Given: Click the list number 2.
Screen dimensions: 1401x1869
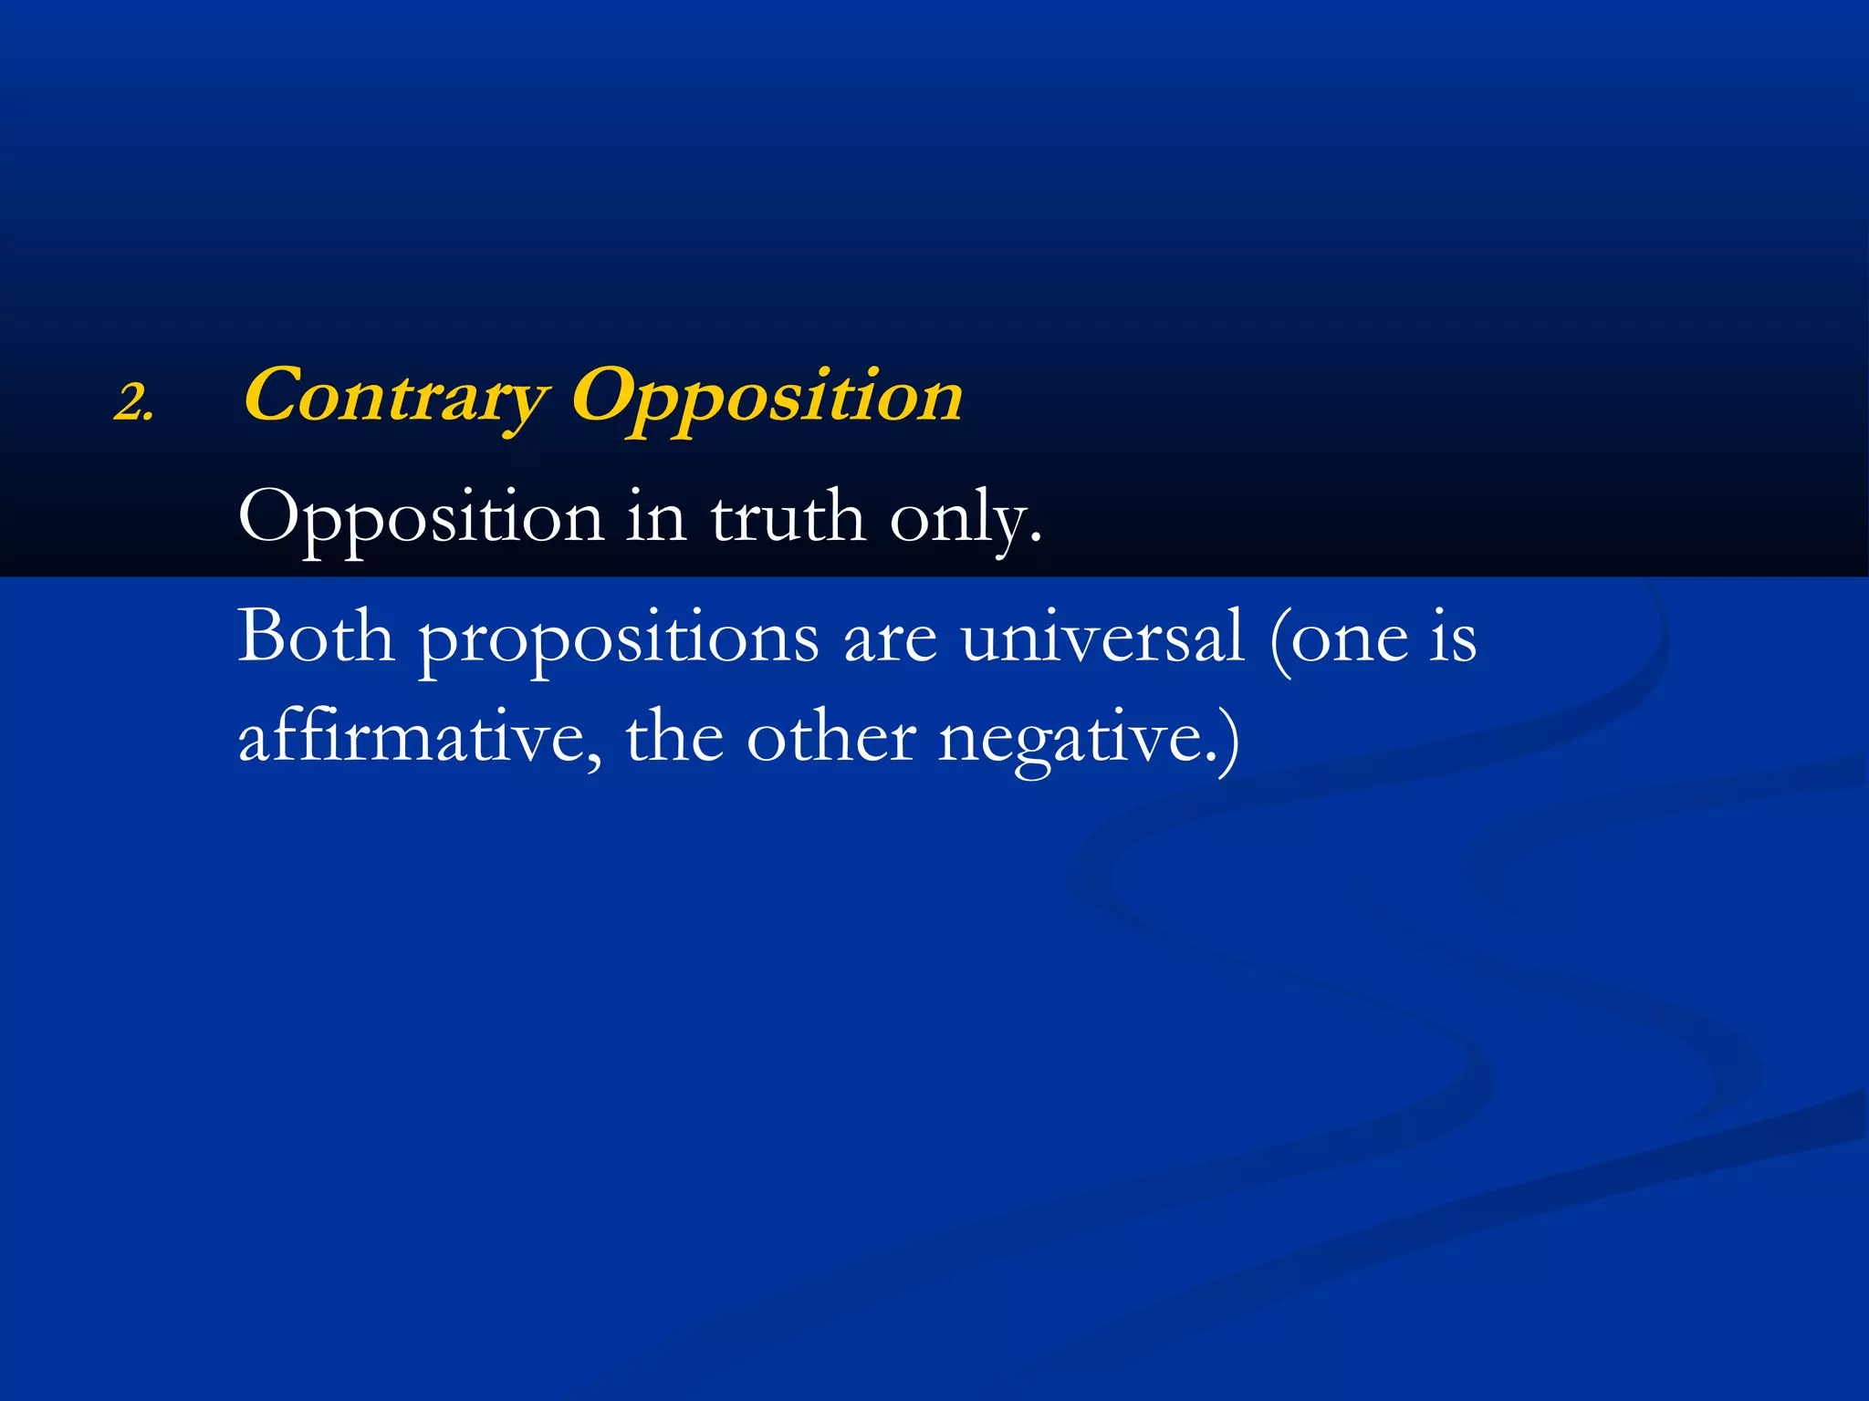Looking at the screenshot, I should coord(133,402).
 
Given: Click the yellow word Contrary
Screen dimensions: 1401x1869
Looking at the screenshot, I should coord(395,397).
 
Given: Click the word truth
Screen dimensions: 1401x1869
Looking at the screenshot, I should coord(788,516).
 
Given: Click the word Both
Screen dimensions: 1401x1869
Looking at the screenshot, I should coord(316,636).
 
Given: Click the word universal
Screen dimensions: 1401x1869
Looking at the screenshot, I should coord(1102,636).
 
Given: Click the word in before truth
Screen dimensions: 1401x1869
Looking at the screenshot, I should coord(656,516).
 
